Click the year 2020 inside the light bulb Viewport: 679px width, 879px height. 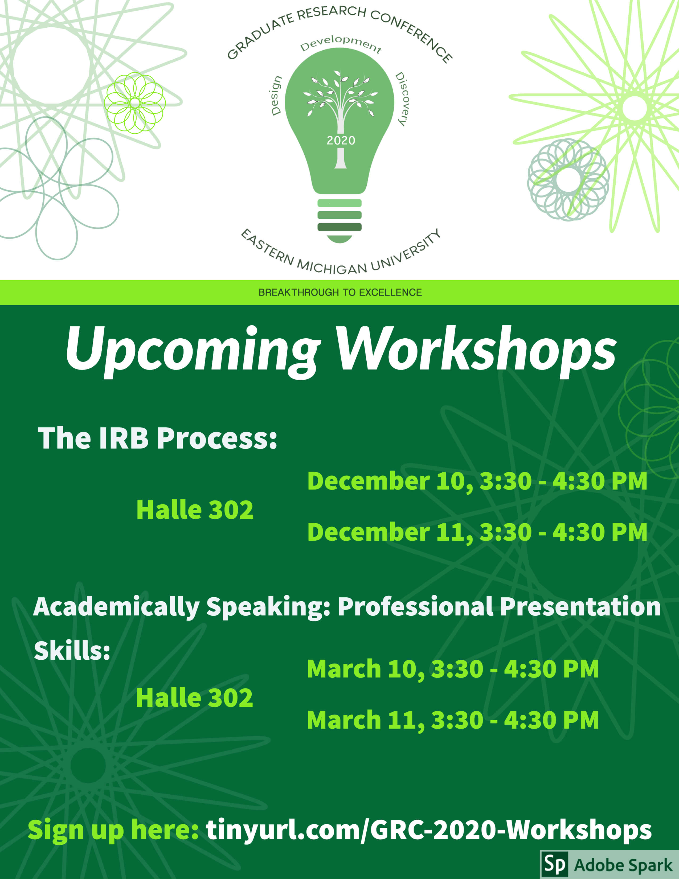coord(341,141)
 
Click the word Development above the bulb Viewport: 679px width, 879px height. coord(341,44)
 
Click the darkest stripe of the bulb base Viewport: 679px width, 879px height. coord(340,227)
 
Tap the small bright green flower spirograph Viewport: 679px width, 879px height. coord(134,103)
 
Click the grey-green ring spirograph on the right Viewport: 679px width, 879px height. coord(568,179)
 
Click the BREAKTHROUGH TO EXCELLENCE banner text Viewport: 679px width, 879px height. coord(340,293)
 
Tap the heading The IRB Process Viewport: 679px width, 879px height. coord(157,438)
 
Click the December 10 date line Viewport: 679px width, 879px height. coord(477,481)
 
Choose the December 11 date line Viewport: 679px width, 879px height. coord(477,532)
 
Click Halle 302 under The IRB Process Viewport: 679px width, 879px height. coord(195,510)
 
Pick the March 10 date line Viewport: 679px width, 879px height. coord(453,669)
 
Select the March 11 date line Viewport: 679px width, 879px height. coord(453,720)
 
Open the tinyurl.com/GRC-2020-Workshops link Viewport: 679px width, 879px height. coord(429,830)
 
